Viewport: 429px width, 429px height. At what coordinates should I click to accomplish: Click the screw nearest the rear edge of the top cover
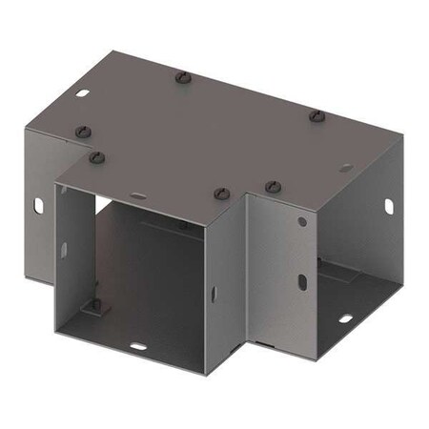[x=182, y=77]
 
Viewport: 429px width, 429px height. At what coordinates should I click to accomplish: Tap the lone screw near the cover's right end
[x=316, y=115]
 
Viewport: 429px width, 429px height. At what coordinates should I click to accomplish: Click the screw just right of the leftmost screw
[x=96, y=156]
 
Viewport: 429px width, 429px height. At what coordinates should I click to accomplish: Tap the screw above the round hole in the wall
[x=272, y=185]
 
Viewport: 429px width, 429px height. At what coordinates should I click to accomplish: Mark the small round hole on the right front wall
[x=302, y=221]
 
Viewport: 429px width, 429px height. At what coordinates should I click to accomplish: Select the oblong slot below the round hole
[x=301, y=282]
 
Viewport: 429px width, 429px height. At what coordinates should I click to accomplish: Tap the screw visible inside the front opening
[x=184, y=226]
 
